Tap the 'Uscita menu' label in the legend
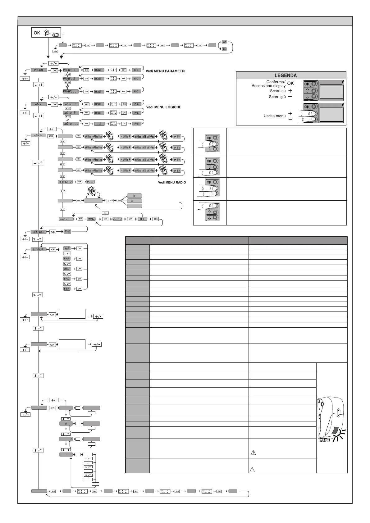(274, 116)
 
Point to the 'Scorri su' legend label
(278, 91)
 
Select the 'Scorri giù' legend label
(277, 97)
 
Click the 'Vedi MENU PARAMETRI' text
(166, 71)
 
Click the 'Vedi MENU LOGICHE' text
(164, 107)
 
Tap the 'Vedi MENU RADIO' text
(171, 182)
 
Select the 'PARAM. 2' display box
(71, 79)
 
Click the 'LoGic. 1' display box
(71, 104)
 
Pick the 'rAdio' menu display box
(39, 135)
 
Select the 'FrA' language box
(67, 259)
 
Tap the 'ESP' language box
(67, 289)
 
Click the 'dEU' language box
(67, 269)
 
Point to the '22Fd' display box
(118, 219)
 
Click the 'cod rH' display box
(66, 219)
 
